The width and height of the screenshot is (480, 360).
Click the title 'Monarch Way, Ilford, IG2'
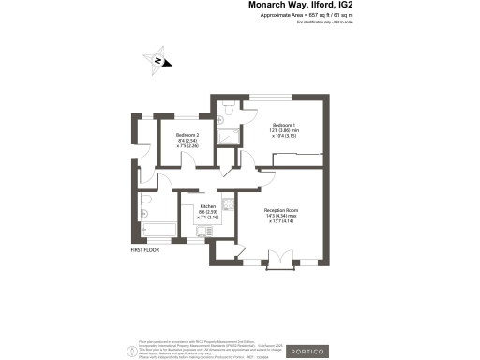300,6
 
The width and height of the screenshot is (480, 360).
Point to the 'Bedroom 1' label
284,126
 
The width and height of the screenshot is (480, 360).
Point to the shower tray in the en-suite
227,138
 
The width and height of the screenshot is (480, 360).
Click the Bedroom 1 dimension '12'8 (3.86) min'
284,131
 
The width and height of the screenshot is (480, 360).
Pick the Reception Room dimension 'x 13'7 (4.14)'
281,221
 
